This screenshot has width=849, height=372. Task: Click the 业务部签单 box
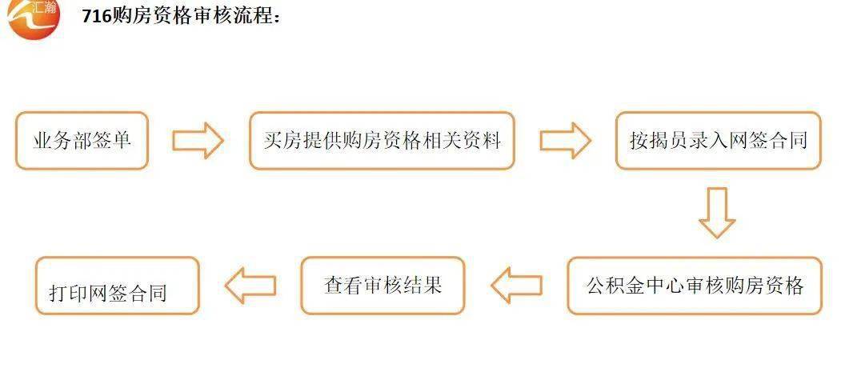82,141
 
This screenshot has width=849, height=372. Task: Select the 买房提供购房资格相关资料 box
382,141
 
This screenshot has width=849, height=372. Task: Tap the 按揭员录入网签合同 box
719,141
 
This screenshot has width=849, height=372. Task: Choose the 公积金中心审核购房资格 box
695,286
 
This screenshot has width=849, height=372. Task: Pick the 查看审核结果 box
382,286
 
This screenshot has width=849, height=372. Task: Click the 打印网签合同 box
118,286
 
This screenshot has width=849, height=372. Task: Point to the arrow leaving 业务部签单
198,140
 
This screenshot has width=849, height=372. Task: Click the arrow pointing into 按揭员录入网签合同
565,140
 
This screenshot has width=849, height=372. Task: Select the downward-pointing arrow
717,213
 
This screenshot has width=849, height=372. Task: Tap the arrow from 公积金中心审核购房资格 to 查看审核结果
517,285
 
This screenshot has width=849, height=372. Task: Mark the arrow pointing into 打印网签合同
250,285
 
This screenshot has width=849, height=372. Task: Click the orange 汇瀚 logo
34,18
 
